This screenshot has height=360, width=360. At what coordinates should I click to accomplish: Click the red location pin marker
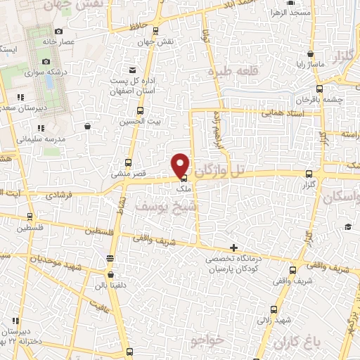pyautogui.click(x=181, y=164)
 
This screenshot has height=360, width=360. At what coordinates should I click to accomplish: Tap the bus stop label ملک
pyautogui.click(x=183, y=188)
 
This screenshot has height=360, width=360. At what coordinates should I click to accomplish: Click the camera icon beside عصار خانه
pyautogui.click(x=58, y=31)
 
